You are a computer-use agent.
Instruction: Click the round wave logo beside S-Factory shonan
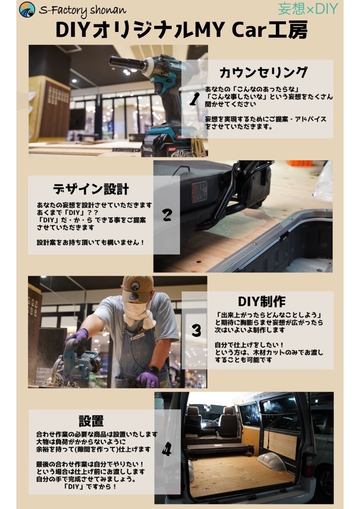click(27, 10)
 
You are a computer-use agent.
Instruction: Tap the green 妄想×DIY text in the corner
click(308, 9)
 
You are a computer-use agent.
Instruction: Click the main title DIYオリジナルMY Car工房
click(181, 30)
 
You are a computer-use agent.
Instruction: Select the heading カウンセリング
click(263, 73)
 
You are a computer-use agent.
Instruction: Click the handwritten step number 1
click(194, 99)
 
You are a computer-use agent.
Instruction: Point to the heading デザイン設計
click(91, 188)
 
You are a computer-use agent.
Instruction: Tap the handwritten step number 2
click(167, 215)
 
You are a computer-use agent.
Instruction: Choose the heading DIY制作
click(262, 302)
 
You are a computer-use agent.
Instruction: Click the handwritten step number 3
click(196, 331)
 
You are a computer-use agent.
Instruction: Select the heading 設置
click(91, 421)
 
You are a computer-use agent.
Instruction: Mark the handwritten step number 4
click(167, 449)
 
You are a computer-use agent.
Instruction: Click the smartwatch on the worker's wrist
click(153, 370)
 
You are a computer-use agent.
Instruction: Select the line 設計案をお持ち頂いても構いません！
click(90, 243)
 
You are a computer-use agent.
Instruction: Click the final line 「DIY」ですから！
click(90, 487)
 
